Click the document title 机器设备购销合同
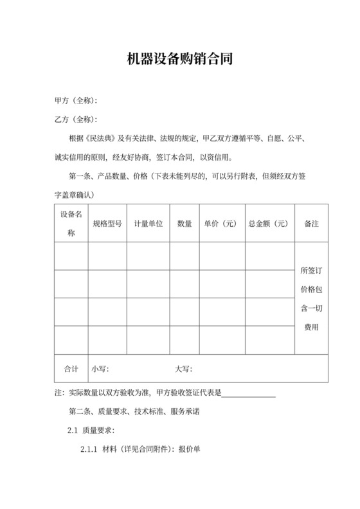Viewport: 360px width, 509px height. (179, 60)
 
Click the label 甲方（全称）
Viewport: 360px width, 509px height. (76, 102)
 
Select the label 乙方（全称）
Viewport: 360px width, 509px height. (76, 120)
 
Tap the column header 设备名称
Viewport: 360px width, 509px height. (71, 223)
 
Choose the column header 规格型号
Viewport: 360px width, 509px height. (107, 224)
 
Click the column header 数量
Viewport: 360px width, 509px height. (184, 224)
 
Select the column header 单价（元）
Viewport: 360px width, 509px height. (221, 224)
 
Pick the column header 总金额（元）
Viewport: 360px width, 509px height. (269, 224)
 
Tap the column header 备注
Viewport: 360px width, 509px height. (312, 224)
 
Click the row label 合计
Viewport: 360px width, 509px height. (71, 369)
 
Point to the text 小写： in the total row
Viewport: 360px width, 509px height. (100, 369)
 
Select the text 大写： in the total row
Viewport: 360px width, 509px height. (184, 369)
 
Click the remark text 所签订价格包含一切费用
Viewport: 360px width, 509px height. (312, 299)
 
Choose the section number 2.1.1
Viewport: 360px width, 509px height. (89, 449)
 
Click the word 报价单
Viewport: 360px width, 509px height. (190, 449)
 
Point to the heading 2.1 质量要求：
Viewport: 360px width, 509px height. (91, 430)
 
